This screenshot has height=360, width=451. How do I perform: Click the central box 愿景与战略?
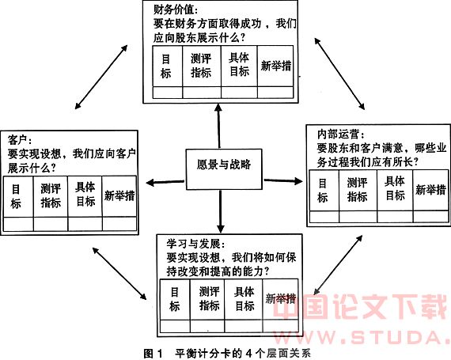tap(224, 169)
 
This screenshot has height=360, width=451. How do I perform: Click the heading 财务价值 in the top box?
tap(176, 10)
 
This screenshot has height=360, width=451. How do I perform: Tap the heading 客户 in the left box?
tap(20, 140)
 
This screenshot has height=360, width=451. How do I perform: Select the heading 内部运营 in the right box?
tap(340, 134)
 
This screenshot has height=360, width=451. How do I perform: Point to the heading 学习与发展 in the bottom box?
tap(195, 244)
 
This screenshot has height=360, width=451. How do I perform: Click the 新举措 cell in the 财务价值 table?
tap(275, 66)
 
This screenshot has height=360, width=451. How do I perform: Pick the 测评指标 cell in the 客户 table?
tap(51, 196)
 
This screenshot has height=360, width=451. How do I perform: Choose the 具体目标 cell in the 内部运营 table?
tap(395, 190)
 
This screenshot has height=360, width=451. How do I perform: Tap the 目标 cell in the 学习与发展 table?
tap(175, 299)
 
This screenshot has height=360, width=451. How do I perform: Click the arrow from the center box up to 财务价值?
tap(219, 126)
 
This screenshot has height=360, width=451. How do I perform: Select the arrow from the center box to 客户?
tap(165, 182)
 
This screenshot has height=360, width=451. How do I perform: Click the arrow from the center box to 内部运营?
tap(283, 181)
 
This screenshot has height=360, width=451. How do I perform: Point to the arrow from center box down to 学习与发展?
tap(221, 211)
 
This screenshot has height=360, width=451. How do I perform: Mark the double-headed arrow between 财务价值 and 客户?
tap(101, 77)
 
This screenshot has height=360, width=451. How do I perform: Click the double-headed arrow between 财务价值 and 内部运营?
tap(339, 74)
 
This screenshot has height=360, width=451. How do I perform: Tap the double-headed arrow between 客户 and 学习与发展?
tap(119, 273)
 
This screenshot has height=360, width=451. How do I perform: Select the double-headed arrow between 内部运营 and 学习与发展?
tap(338, 265)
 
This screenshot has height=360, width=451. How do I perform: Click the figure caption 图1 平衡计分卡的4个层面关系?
tap(227, 354)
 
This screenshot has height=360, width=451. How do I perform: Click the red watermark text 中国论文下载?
tap(360, 306)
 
